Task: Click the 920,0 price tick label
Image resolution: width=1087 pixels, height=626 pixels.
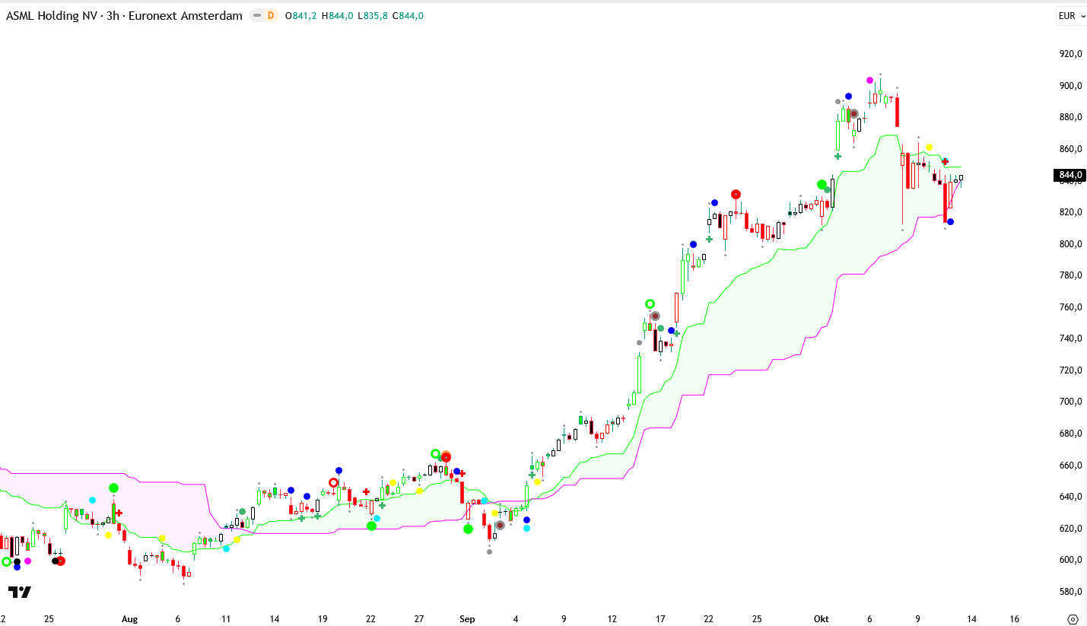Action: coord(1070,54)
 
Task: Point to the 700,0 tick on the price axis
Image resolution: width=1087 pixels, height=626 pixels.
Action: coord(1070,402)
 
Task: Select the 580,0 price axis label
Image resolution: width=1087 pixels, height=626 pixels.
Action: coord(1070,592)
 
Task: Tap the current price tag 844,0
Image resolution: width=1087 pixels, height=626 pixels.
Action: coord(1070,176)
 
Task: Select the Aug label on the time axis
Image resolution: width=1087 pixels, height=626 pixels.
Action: coord(129,619)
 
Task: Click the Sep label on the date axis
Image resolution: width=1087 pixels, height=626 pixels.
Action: coord(467,619)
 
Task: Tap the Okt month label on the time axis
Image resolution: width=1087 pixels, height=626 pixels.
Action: coord(822,619)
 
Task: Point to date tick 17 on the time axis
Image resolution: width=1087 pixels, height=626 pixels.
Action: coord(660,619)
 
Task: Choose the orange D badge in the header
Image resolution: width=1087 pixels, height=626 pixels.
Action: coord(270,16)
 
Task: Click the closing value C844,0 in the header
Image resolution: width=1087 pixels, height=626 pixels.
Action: coord(408,16)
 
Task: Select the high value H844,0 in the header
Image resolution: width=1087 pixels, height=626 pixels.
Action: coord(338,16)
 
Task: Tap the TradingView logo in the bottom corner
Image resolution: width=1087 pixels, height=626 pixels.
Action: coord(20,592)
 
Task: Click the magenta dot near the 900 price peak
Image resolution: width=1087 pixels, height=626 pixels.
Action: coord(870,80)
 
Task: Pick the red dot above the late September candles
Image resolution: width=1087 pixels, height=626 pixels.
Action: coord(736,194)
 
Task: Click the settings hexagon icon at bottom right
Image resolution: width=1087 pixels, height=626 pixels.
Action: coord(1073,619)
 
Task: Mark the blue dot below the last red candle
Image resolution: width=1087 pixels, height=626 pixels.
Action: coord(950,222)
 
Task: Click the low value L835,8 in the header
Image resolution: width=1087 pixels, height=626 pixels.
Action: coord(373,16)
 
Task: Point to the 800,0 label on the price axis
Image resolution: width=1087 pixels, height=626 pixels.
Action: coord(1070,243)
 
